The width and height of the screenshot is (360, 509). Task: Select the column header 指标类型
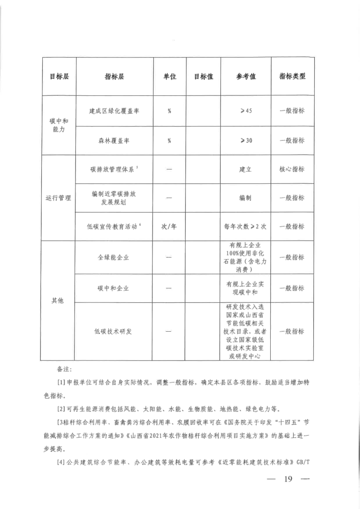tap(292, 76)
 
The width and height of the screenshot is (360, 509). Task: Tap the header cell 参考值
tap(246, 76)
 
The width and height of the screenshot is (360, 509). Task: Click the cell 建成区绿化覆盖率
tap(114, 111)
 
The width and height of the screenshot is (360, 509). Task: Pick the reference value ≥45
tap(246, 111)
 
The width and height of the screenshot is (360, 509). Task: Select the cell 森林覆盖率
tap(114, 140)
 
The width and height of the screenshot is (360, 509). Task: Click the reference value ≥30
tap(246, 140)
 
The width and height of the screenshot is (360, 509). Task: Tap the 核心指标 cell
tap(292, 169)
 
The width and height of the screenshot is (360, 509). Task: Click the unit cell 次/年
tap(169, 227)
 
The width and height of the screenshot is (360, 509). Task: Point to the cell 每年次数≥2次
tap(246, 227)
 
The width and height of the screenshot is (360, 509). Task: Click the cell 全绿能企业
tap(114, 257)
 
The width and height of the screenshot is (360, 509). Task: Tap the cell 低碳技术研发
tap(114, 331)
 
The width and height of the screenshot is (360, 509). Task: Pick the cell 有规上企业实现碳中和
tap(246, 288)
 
